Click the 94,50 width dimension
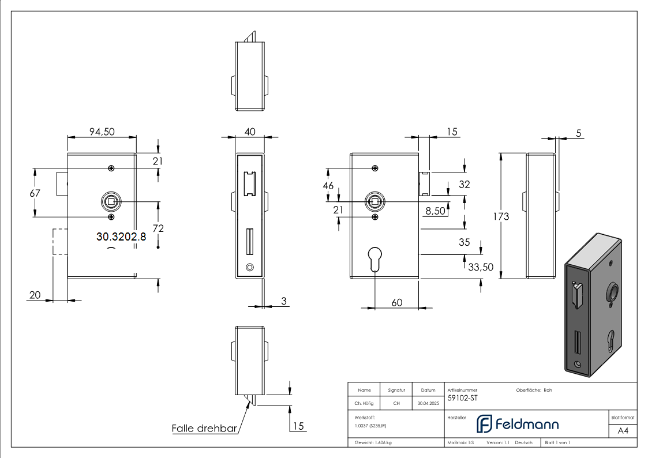[x=102, y=132]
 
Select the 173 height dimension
[x=501, y=216]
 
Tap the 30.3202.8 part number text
[x=121, y=236]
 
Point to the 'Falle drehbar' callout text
[x=204, y=429]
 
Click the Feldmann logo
[x=517, y=424]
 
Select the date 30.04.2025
[x=428, y=404]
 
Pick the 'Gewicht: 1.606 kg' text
[x=374, y=442]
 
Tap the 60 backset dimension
[x=397, y=302]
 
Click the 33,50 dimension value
[x=480, y=267]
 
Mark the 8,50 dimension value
[x=435, y=211]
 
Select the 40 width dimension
[x=250, y=132]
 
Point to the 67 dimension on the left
[x=35, y=193]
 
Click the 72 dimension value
[x=158, y=228]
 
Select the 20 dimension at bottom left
[x=35, y=295]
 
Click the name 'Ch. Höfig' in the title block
[x=364, y=404]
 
